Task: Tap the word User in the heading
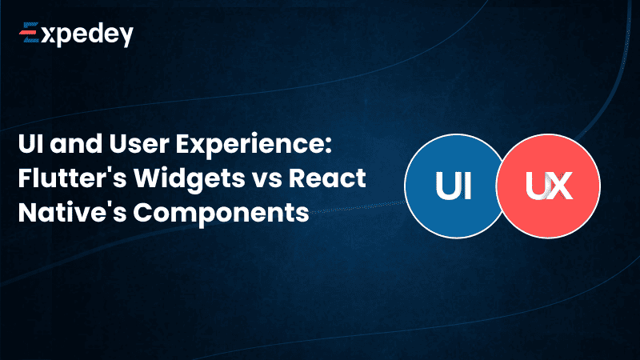tap(144, 147)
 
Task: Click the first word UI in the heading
tap(30, 147)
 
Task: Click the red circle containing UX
tap(549, 189)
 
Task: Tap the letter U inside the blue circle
tap(445, 190)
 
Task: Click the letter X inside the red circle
tap(560, 190)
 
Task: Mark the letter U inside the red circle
tap(537, 190)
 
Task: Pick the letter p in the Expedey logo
tap(66, 38)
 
